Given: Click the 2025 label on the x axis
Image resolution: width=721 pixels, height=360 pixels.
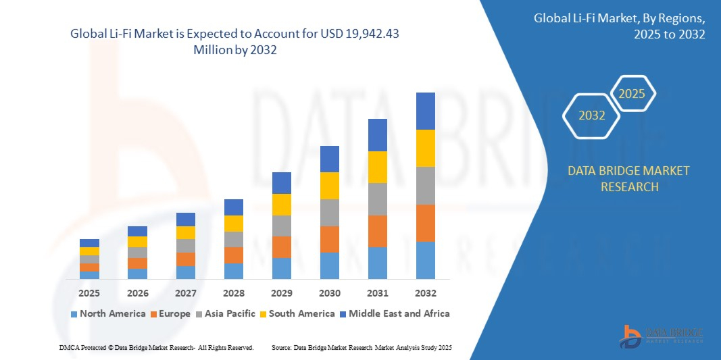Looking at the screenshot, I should [x=89, y=293].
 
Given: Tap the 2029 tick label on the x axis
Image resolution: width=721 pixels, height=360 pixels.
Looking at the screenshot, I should [x=282, y=293].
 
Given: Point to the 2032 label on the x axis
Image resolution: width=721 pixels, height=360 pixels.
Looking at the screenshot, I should [x=426, y=293].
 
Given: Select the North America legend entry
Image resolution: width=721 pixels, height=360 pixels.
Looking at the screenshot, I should [x=107, y=313].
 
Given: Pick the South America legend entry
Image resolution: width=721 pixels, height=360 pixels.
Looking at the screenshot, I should [x=297, y=313].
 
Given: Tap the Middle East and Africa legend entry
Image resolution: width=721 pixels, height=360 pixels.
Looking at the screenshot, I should [x=394, y=313].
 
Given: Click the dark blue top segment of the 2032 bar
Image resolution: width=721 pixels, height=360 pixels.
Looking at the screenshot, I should [x=426, y=111].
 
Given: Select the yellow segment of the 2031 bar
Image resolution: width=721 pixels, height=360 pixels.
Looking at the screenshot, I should [x=378, y=167].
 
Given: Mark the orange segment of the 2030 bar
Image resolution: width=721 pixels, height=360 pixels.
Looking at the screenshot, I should [x=330, y=239].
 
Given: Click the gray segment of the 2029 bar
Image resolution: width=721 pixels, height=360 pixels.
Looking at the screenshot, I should [x=282, y=226].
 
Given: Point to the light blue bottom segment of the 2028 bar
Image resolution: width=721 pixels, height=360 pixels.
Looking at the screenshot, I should [x=234, y=271].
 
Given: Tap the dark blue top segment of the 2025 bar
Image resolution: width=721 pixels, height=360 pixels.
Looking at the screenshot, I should [x=89, y=243].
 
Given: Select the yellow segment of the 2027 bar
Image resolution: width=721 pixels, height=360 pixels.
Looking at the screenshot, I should [x=186, y=232].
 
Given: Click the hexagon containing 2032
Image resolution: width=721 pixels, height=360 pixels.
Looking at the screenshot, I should [x=592, y=115].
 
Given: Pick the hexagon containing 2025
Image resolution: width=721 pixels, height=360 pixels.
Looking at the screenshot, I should [x=632, y=94].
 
